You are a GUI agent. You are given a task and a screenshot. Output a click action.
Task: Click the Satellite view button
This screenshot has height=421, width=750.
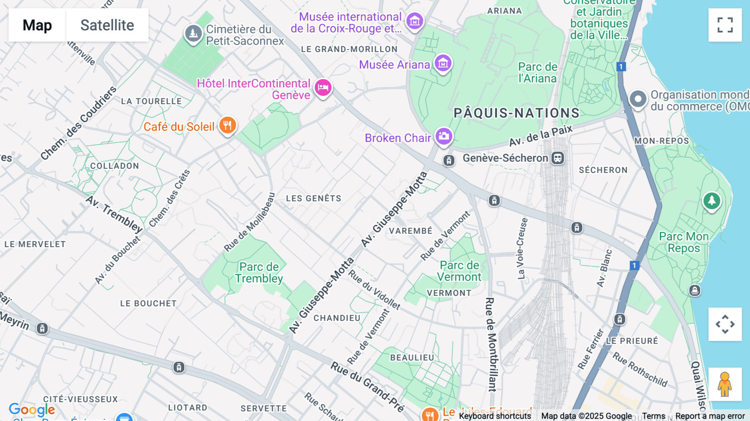pos(107,25)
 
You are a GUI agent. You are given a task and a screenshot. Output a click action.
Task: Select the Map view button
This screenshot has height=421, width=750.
pos(37,25)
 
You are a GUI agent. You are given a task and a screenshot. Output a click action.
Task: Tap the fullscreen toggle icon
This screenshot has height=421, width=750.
pos(725,25)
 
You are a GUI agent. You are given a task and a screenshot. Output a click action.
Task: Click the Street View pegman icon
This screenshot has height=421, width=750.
pos(725,384)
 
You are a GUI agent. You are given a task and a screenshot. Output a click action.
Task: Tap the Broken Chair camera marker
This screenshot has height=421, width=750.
pos(444,136)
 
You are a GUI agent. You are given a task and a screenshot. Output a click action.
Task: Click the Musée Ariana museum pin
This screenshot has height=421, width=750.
pos(443,63)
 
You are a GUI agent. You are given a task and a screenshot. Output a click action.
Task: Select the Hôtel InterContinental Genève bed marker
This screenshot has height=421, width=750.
pos(323,88)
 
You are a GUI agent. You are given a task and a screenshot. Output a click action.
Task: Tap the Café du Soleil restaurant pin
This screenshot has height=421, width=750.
pos(227,125)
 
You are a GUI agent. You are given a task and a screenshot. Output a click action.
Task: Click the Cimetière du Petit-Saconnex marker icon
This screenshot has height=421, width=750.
pos(193,33)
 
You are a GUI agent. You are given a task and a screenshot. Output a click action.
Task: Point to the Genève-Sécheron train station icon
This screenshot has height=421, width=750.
pos(557,158)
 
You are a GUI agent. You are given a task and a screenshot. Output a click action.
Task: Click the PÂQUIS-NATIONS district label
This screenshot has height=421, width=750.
pos(516,113)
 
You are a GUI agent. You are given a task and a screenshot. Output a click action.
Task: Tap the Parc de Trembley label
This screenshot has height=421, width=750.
pos(259,273)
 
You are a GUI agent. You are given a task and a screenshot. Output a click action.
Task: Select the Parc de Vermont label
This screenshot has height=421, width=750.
pos(459,271)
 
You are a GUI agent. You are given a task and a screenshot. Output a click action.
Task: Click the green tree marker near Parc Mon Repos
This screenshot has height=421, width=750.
pos(712,201)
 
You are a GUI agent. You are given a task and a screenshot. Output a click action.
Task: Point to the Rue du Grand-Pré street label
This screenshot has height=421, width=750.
pos(367,386)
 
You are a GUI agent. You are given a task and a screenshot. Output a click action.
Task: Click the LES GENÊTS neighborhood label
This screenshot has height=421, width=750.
pos(313,198)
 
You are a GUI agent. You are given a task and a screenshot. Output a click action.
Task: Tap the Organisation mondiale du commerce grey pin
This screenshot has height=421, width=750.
pos(637,99)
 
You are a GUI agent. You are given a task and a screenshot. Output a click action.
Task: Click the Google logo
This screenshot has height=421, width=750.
pos(32,409)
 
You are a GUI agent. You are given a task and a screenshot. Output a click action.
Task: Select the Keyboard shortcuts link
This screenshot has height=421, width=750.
pos(495,416)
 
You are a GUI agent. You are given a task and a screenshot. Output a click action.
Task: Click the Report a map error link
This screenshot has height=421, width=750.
pos(710,416)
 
